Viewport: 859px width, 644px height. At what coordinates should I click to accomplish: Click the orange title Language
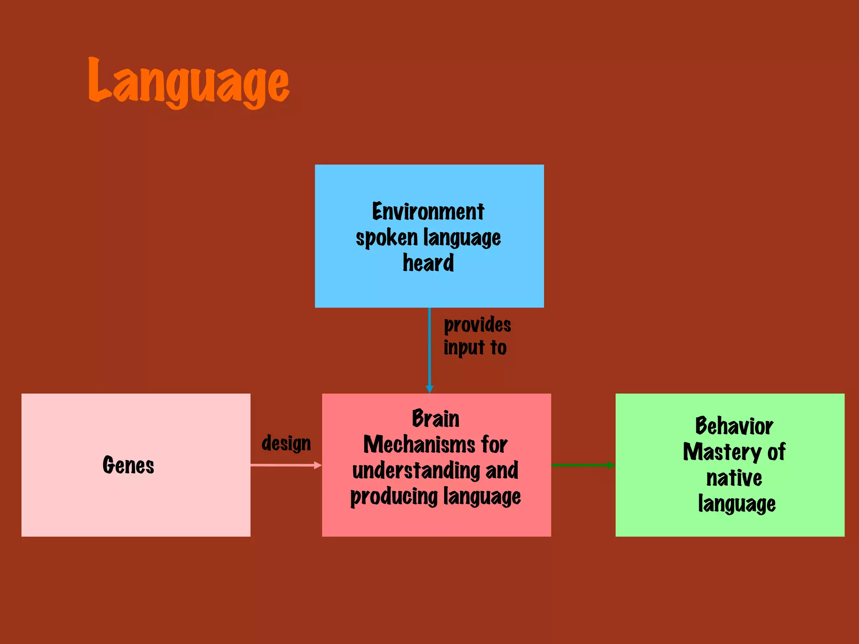tap(188, 82)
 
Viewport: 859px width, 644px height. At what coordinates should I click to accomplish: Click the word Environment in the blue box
tap(428, 211)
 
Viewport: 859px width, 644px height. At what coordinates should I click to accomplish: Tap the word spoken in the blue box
tap(387, 238)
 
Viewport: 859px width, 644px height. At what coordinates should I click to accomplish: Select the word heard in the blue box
tap(428, 263)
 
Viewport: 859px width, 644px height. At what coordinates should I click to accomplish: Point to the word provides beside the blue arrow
tap(477, 325)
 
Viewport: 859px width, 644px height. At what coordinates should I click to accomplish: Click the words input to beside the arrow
tap(475, 348)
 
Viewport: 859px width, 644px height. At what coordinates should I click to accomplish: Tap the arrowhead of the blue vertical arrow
tap(429, 389)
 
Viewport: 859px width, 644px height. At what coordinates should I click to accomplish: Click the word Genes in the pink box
tap(128, 465)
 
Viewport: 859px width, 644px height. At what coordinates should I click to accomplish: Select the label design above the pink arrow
tap(286, 443)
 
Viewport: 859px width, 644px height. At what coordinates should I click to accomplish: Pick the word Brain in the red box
tap(435, 418)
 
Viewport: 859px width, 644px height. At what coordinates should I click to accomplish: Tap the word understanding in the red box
tap(416, 470)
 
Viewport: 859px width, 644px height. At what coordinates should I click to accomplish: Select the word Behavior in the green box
tap(734, 426)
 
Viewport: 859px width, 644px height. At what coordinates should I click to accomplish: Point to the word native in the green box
tap(734, 478)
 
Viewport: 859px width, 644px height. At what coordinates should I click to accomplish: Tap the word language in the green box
tap(737, 504)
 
